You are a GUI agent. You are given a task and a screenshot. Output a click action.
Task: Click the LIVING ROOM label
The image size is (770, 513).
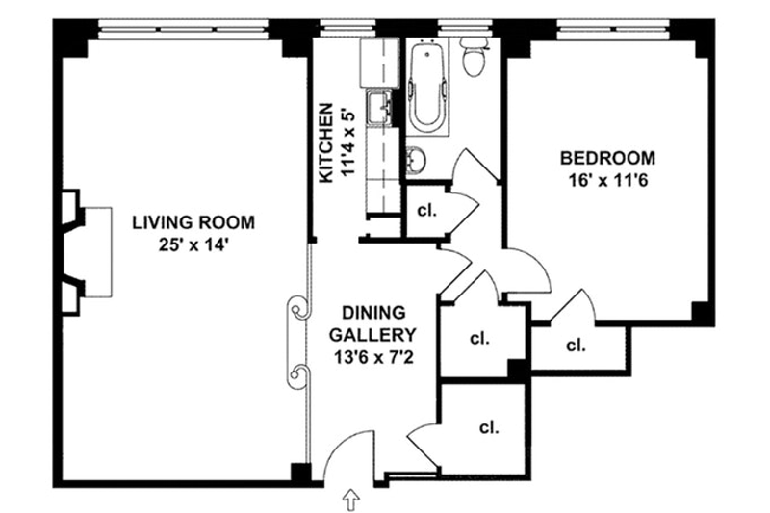(x=193, y=222)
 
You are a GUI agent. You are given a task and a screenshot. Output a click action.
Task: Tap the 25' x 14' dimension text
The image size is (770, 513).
(x=194, y=244)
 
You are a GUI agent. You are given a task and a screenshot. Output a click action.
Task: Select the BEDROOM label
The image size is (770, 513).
(x=608, y=158)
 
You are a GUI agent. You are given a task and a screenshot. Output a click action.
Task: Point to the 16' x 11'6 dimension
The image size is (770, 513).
(x=608, y=181)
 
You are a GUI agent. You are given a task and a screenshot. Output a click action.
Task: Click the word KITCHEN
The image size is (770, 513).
(x=326, y=142)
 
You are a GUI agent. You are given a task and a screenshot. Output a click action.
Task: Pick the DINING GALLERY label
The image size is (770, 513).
(x=372, y=323)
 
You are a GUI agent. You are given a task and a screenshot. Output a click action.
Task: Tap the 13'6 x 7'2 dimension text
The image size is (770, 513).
(x=373, y=357)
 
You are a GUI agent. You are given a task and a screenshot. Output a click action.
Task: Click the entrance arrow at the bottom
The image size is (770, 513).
(x=351, y=500)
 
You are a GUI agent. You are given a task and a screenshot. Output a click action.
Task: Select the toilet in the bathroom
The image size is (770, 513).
(x=474, y=58)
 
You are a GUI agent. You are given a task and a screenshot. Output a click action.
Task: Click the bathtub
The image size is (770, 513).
(x=428, y=90)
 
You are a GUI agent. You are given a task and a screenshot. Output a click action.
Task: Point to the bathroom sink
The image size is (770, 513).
(x=417, y=160)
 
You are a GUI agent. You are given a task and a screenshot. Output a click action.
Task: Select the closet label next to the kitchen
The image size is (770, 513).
(x=426, y=211)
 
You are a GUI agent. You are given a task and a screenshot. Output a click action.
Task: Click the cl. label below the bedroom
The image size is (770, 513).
(x=576, y=346)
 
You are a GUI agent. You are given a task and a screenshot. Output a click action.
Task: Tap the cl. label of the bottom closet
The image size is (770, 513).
(x=489, y=427)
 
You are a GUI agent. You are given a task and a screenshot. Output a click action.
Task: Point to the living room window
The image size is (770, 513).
(x=183, y=29)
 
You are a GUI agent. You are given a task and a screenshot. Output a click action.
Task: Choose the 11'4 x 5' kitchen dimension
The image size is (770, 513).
(x=346, y=142)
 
